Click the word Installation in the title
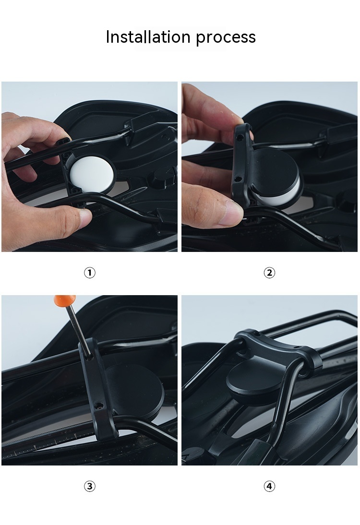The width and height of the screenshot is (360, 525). (x=148, y=37)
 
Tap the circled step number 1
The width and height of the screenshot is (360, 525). (x=89, y=273)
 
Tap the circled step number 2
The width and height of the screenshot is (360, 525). (x=269, y=273)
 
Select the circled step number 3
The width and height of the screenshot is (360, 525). (x=89, y=486)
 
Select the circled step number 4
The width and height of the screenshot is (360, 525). (x=269, y=486)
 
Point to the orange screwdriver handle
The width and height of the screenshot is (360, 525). (x=65, y=299)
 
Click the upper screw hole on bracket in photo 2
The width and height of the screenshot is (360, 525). (x=239, y=137)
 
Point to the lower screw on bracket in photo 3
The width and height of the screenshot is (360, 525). (x=98, y=406)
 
